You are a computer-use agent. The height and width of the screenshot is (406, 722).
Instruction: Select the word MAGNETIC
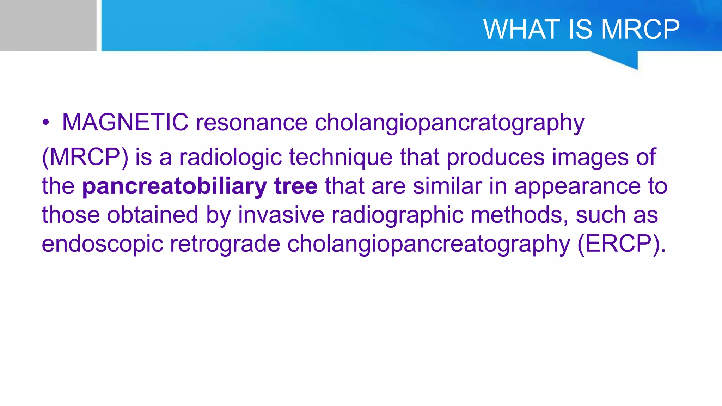tap(125, 123)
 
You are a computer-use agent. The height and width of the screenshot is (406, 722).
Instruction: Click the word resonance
tap(252, 123)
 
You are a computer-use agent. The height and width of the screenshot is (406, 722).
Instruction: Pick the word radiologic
tap(231, 157)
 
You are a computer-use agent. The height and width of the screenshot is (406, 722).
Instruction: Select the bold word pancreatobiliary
tap(175, 187)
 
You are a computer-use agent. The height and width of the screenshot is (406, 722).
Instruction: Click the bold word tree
tap(295, 186)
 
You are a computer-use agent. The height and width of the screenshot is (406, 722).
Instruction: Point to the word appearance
tap(577, 187)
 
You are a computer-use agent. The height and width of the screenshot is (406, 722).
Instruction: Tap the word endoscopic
tap(102, 244)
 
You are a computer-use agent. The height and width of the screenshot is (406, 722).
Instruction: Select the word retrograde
tap(225, 244)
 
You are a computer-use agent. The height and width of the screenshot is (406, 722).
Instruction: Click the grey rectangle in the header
tap(48, 25)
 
